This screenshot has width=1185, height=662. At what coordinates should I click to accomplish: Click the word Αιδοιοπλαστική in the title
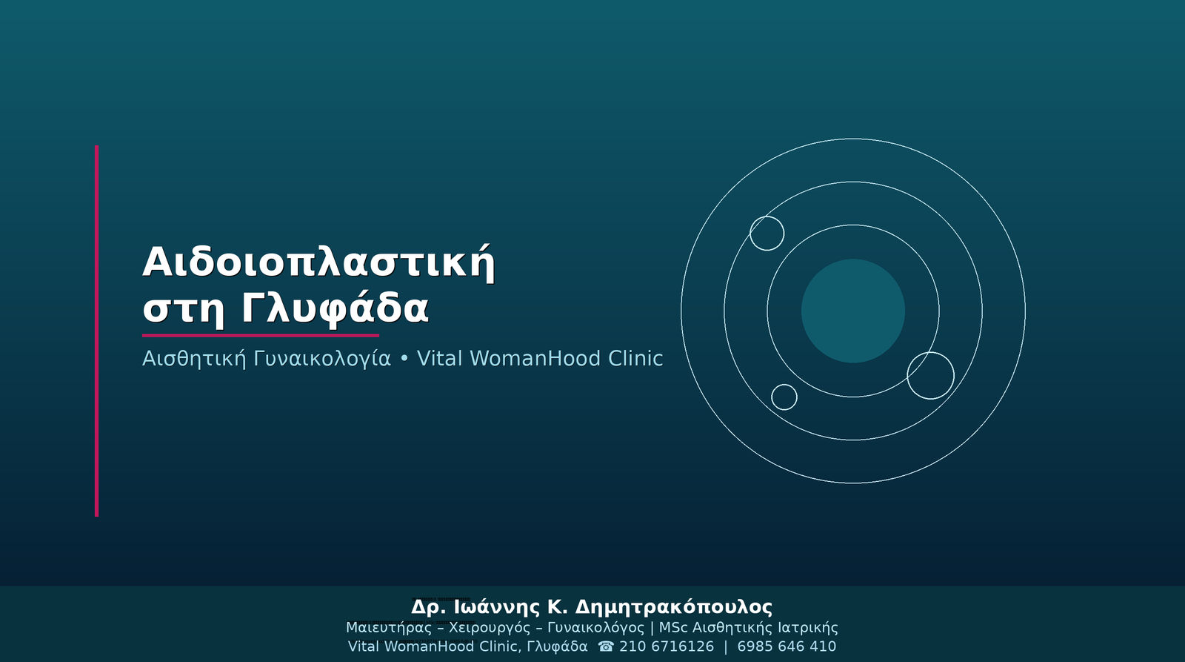[x=318, y=262]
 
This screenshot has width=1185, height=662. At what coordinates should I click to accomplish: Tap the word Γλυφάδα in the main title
[x=335, y=308]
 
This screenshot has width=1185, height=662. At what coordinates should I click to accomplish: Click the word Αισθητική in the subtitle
[x=194, y=359]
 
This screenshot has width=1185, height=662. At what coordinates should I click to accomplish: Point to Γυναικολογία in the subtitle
[x=322, y=360]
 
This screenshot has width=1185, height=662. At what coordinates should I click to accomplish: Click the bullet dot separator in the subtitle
[x=404, y=359]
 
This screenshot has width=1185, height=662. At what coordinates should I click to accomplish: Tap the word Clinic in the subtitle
[x=635, y=359]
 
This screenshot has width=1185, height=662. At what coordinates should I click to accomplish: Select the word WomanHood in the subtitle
[x=535, y=359]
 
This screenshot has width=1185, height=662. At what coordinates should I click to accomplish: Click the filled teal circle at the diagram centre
[x=852, y=311]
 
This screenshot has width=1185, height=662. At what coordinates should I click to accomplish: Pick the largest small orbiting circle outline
[x=930, y=352]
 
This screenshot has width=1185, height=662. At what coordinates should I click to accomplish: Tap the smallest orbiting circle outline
[x=784, y=385]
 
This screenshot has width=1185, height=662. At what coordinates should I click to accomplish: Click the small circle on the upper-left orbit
[x=767, y=216]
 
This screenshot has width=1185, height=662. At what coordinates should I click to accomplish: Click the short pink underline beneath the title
[x=260, y=335]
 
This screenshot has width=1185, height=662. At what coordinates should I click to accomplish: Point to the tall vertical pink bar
[x=97, y=331]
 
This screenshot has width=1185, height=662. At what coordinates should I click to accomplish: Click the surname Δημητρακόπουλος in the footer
[x=673, y=607]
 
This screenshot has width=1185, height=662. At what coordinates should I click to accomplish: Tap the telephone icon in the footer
[x=607, y=646]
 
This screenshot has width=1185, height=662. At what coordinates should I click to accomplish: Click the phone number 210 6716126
[x=667, y=646]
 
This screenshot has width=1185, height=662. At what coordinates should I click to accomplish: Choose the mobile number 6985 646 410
[x=787, y=646]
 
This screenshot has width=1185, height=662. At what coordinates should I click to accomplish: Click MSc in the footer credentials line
[x=673, y=628]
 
